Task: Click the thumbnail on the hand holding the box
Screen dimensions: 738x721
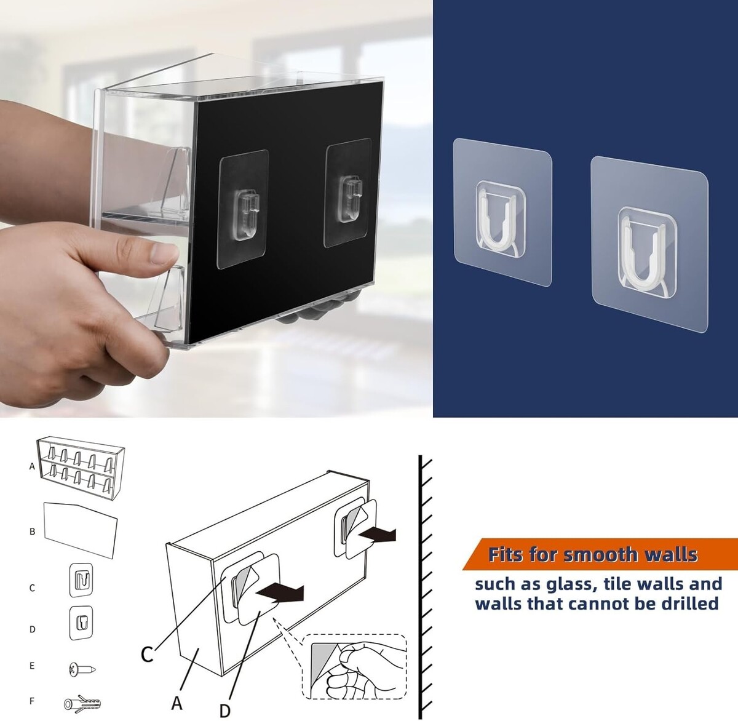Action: click(164, 253)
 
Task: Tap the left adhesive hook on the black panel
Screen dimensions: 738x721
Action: click(243, 209)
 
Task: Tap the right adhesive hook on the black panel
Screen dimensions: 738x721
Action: click(347, 193)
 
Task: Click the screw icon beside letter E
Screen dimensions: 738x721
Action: click(82, 669)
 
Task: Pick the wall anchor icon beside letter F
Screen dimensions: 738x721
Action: click(82, 704)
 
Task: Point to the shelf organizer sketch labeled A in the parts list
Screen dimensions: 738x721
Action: click(81, 468)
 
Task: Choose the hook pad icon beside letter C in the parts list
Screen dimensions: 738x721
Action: click(81, 580)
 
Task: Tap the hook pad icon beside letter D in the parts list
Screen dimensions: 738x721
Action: click(81, 623)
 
